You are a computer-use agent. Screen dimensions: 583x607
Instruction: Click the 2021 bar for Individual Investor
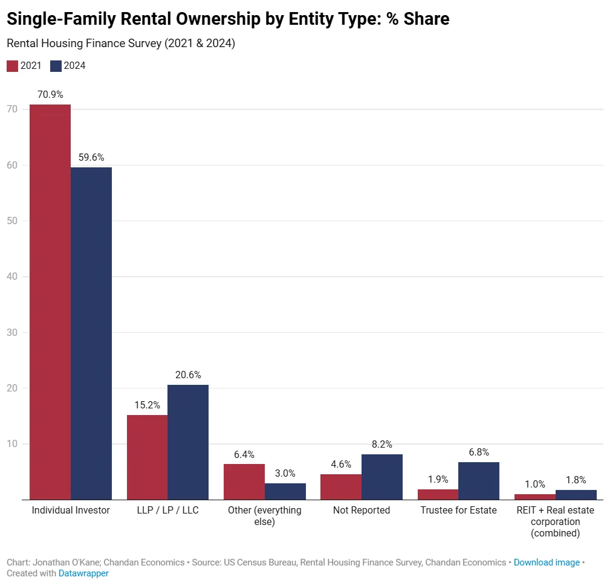point(50,302)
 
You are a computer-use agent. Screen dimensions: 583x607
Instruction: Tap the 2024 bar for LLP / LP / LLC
point(188,442)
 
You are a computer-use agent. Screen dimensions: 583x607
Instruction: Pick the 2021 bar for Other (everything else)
point(244,482)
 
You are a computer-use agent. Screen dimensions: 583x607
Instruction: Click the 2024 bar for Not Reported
point(382,477)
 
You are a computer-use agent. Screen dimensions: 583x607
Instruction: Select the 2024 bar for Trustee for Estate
point(479,481)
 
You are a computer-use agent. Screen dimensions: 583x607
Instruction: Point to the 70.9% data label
point(50,95)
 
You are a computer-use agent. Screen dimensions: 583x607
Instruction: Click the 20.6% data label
point(188,375)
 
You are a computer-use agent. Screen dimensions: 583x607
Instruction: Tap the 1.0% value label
point(535,485)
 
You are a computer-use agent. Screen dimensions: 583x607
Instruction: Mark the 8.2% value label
point(382,445)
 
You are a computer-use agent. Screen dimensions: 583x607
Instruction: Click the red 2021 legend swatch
point(12,66)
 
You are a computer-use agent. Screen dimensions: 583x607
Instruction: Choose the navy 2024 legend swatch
point(56,66)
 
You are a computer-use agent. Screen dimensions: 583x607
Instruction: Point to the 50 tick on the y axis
point(12,221)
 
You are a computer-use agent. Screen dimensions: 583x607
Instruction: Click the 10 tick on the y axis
point(12,444)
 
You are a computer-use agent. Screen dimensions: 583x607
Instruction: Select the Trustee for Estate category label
point(458,511)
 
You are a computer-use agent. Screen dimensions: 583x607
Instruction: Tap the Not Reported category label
point(362,511)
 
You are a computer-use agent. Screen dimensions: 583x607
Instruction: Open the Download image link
point(547,562)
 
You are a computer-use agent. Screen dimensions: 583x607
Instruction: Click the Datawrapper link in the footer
point(83,573)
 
